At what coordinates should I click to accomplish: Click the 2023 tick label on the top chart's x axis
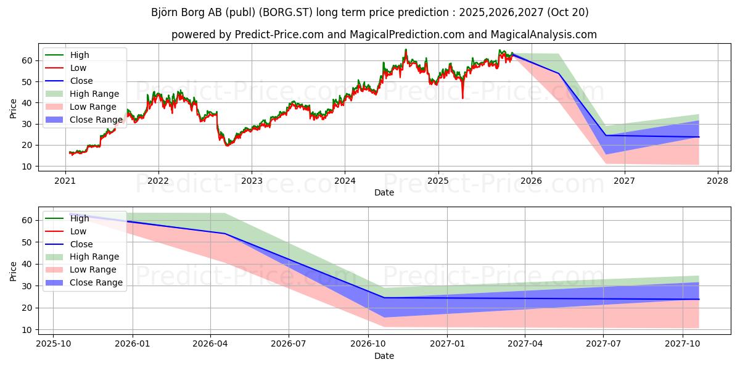252,181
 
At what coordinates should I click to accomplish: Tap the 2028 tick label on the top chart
717,181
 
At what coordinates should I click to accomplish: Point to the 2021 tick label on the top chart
65,181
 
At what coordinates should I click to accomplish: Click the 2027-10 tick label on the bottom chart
683,344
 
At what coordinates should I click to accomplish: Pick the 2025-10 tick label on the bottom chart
53,344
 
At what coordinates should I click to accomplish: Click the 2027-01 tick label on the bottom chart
447,344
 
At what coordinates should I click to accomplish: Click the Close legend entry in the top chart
81,81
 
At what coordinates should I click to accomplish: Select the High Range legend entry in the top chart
94,94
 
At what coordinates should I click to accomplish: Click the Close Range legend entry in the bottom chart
96,282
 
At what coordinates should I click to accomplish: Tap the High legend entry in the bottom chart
80,218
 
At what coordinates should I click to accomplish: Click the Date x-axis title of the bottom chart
384,356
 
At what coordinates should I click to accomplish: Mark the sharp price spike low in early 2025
462,97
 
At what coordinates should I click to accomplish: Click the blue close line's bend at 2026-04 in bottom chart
224,233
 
